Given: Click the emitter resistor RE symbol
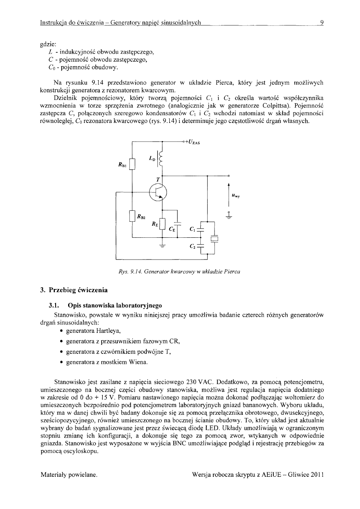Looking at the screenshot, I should click(x=162, y=224).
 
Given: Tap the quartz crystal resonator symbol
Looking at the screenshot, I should click(x=214, y=238).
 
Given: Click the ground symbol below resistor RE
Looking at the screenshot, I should click(x=162, y=246).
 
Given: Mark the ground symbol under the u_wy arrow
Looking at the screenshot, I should click(x=229, y=216).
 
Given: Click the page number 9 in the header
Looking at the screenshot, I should click(x=322, y=22).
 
